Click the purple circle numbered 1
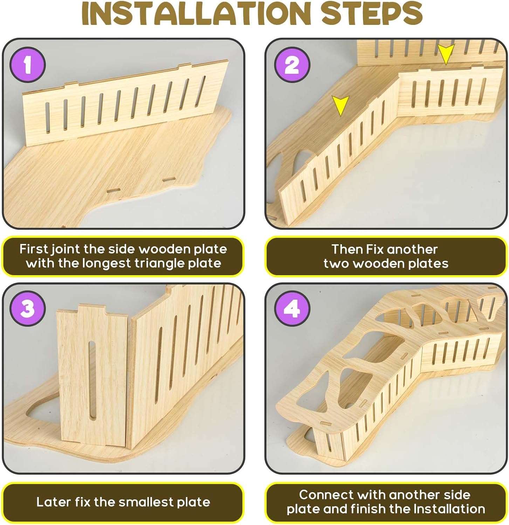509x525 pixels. (x=28, y=65)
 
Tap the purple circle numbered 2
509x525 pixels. (x=292, y=65)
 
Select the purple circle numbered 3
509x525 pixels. (x=28, y=309)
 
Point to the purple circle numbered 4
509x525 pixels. (x=292, y=309)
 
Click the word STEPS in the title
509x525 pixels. (x=372, y=13)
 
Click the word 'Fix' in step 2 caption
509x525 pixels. (x=375, y=249)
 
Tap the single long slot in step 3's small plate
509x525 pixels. (x=92, y=380)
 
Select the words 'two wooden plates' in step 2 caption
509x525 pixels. (x=386, y=264)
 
